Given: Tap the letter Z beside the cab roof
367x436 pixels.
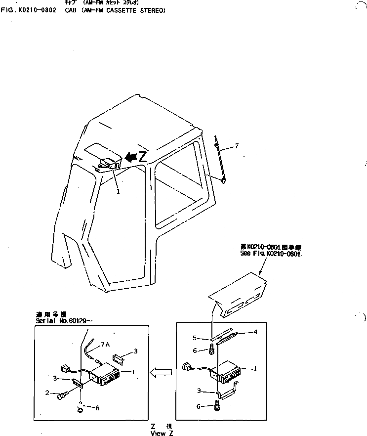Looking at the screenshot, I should pos(142,157).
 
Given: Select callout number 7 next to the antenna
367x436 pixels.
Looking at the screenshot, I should pos(237,146).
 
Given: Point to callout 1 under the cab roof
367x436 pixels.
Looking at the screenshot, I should pos(118,191).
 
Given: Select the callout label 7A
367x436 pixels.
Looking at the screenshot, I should pos(105,344).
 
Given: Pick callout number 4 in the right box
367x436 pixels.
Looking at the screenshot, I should pos(255,332).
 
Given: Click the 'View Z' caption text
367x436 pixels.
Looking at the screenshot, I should pos(163,433).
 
